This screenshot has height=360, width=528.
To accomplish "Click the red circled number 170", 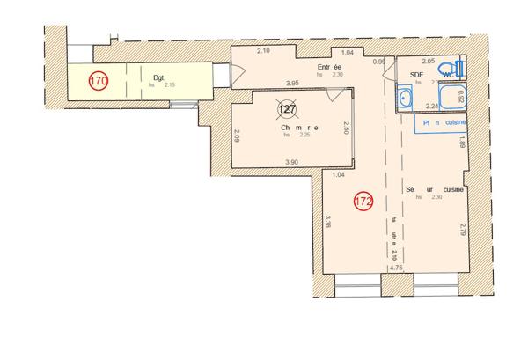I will pos(99,81).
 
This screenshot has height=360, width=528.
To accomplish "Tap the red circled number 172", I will pos(363,201).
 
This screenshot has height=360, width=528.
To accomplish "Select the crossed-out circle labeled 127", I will pos(287,109).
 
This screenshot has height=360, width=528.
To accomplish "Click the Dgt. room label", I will pos(158,78).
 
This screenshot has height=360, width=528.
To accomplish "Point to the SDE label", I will pos(417,76).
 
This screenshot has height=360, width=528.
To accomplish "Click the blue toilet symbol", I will pos(451,68).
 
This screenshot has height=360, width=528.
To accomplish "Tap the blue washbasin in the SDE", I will pos(406,98).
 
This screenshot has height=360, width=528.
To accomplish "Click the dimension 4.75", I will pos(395,267).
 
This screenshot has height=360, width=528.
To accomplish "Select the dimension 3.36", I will pos(327,224).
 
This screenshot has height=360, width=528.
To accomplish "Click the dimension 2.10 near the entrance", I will pos(263,50).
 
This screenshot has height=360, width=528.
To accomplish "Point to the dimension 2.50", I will pos(347,129).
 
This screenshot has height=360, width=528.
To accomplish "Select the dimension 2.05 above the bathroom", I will pos(429,62).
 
